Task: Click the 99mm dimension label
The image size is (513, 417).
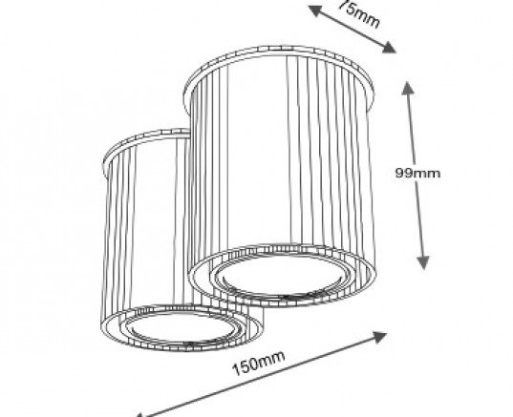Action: point(417,173)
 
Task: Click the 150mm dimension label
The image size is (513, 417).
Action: point(259,363)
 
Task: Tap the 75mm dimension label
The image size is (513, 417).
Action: point(359,13)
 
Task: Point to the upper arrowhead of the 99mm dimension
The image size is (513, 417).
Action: point(408,88)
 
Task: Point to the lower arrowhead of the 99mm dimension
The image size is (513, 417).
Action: point(423,262)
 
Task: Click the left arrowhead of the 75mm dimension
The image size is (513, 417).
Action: point(315,10)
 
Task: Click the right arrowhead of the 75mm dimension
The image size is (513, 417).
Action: point(389,48)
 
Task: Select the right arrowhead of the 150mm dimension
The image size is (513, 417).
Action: point(379,337)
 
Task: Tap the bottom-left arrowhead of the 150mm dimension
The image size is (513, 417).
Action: point(139,415)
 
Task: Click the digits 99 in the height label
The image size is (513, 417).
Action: point(404,173)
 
